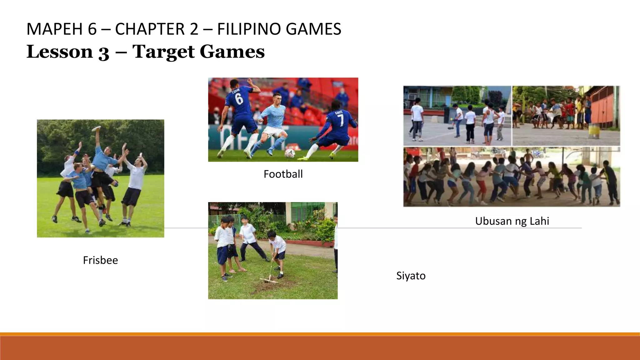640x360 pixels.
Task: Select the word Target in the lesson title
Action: [x=163, y=52]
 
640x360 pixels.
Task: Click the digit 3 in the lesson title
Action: [x=104, y=52]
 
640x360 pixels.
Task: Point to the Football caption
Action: [x=283, y=174]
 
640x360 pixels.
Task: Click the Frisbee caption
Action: [x=100, y=260]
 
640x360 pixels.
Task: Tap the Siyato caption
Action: [x=411, y=276]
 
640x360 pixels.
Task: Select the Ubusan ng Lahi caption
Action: [x=512, y=221]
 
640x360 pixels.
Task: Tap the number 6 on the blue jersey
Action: [x=239, y=99]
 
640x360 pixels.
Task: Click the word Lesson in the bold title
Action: [x=60, y=52]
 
